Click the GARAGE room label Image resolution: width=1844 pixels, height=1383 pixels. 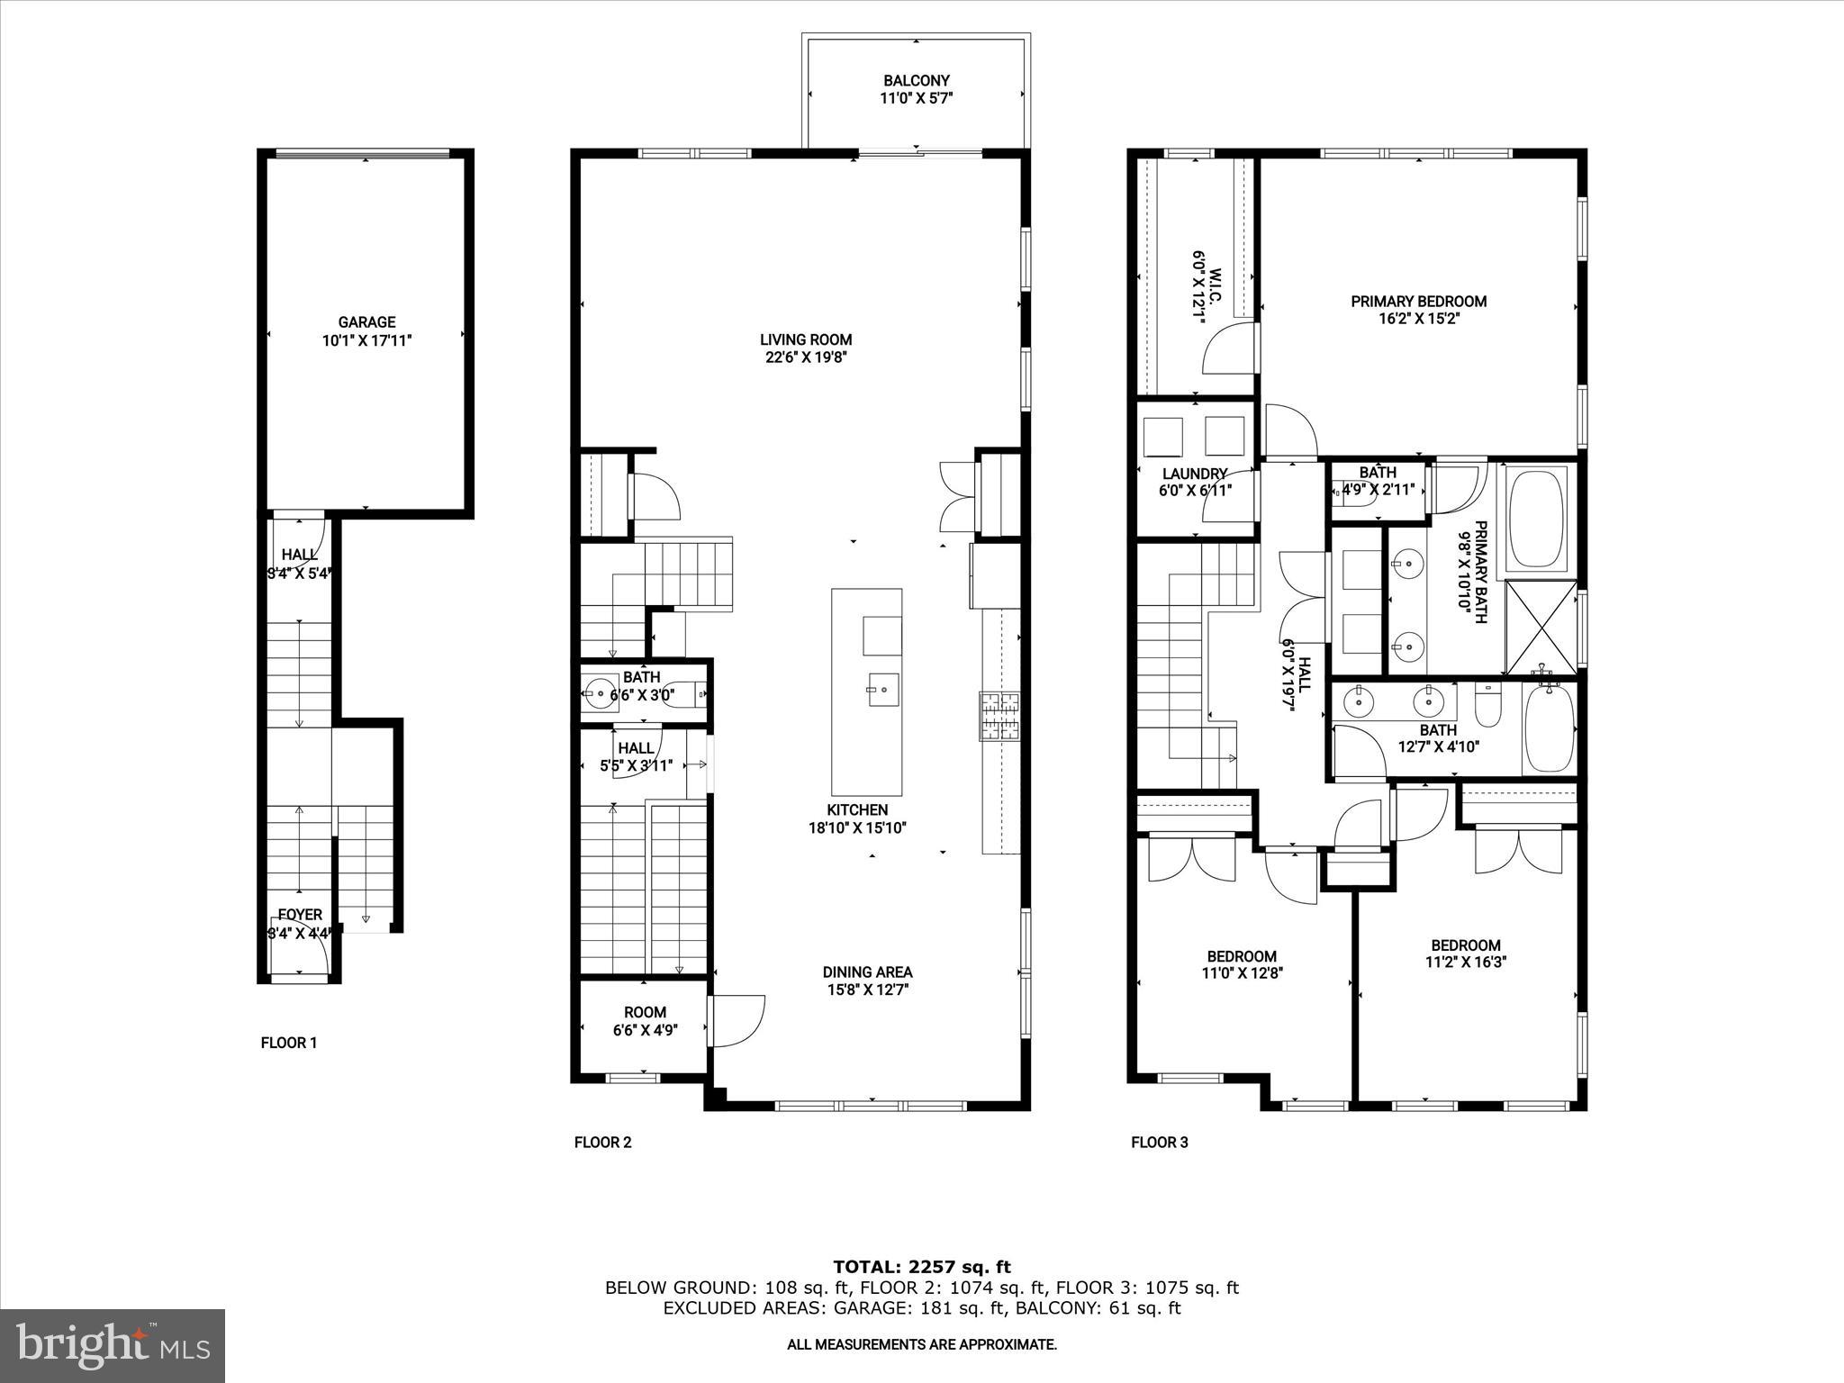[x=366, y=322]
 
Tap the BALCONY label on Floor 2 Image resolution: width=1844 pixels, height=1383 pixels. [x=916, y=81]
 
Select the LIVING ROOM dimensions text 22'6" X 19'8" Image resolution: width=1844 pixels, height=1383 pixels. [x=805, y=357]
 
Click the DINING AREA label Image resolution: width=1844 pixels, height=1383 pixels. [x=867, y=972]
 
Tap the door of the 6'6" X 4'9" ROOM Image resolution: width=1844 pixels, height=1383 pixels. [x=737, y=1020]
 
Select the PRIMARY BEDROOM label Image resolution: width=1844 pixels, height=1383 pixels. [x=1418, y=302]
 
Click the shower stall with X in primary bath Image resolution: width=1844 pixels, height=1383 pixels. [x=1541, y=628]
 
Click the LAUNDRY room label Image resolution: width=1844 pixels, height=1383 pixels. [x=1195, y=474]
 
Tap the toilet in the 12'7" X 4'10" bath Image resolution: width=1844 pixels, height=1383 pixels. [x=1487, y=708]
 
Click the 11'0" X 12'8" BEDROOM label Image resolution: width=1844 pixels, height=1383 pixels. [x=1242, y=956]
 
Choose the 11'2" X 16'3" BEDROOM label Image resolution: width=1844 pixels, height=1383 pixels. [x=1466, y=945]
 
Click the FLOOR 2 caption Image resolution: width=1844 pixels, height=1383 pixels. [x=602, y=1143]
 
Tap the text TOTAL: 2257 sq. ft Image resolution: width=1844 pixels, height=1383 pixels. [x=921, y=1268]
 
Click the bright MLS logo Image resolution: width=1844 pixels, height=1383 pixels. [x=113, y=1345]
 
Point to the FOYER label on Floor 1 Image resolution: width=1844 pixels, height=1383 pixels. [x=300, y=915]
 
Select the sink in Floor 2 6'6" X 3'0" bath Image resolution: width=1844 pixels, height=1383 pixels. [x=598, y=693]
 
